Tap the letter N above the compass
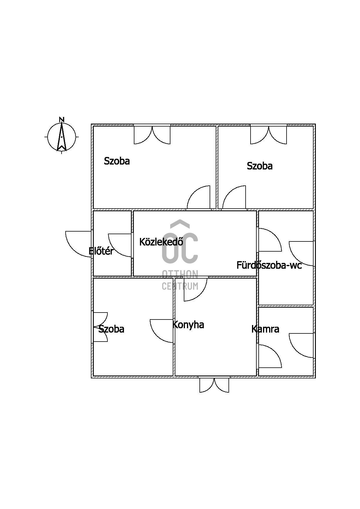pos(62,119)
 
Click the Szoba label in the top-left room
pos(117,161)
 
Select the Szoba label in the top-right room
pos(260,166)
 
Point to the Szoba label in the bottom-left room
pos(111,329)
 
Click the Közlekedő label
pos(161,242)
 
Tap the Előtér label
pos(101,251)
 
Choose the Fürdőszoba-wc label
pos(269,265)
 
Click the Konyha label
pos(188,325)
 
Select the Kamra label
pos(265,329)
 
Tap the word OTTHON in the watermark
pos(180,274)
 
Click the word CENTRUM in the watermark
pos(180,286)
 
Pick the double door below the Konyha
pos(214,385)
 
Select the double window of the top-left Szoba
pos(152,135)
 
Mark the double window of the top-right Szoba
pos(269,135)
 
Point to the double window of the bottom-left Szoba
pos(100,327)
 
